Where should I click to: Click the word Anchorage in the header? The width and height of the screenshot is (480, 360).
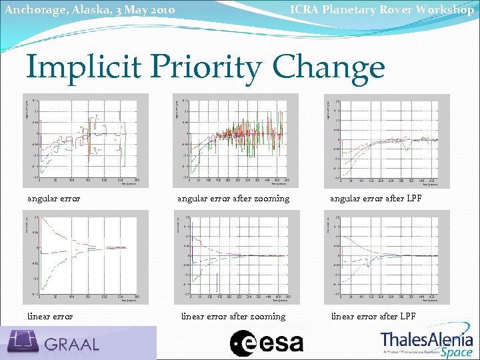(x=30, y=10)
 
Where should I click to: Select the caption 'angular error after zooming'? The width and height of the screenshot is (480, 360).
(x=233, y=198)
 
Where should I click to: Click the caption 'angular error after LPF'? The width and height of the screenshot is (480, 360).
(x=373, y=198)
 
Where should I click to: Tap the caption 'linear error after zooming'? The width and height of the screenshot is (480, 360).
(x=233, y=316)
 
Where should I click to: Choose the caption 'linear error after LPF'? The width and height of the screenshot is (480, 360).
(x=373, y=316)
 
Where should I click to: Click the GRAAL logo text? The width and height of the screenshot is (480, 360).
(x=72, y=344)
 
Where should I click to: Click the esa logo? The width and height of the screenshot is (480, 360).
(x=267, y=343)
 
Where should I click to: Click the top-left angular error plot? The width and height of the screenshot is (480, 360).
(x=85, y=140)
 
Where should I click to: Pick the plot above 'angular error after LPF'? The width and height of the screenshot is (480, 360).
(x=387, y=140)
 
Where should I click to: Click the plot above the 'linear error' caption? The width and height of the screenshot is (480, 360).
(x=85, y=257)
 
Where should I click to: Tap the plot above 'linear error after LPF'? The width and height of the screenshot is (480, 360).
(x=387, y=257)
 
